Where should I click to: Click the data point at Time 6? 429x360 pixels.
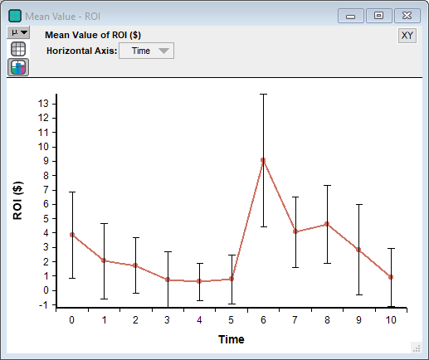263,160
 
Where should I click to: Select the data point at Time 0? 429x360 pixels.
72,235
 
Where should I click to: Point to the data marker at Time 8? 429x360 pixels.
327,224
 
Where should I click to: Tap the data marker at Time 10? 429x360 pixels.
391,277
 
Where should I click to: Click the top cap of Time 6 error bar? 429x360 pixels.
263,95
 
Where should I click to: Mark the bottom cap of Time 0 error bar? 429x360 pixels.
72,278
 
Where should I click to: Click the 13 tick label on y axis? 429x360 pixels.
43,104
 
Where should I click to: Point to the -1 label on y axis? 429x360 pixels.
44,305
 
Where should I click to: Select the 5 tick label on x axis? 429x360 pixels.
231,320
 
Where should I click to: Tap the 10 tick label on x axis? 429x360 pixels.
391,320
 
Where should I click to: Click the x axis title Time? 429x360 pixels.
232,339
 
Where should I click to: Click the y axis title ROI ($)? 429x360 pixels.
18,201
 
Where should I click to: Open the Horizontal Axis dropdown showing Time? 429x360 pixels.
146,51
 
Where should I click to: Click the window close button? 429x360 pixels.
407,16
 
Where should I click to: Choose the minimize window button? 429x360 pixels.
350,16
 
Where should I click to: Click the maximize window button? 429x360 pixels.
378,16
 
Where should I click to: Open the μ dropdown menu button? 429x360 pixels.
18,32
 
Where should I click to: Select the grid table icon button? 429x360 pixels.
18,49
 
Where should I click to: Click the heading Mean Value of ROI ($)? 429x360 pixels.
93,35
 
